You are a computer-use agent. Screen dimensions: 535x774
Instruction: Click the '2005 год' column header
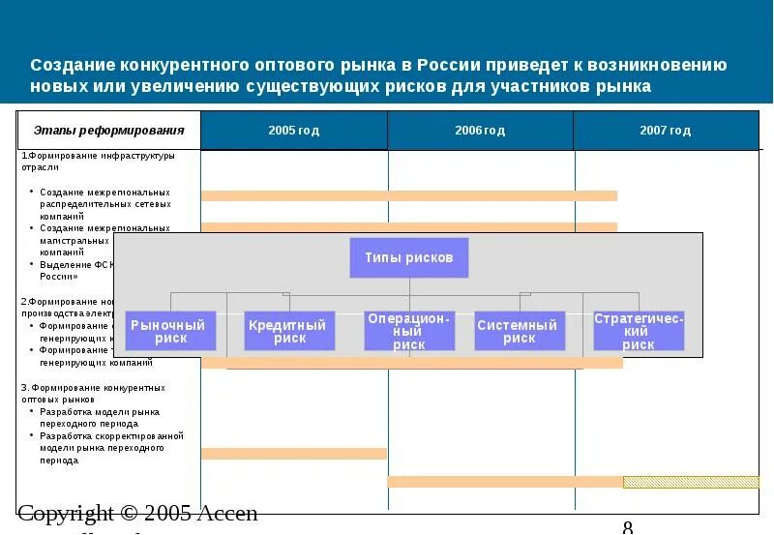coord(293,131)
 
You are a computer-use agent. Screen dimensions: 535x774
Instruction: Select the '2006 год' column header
coord(480,131)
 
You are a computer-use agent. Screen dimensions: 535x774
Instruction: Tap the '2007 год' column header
coord(666,131)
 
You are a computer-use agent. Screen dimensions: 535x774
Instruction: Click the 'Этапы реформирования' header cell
coord(108,131)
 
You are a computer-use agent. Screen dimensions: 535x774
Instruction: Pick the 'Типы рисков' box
coord(408,258)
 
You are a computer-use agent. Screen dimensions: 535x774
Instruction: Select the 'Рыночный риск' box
coord(170,331)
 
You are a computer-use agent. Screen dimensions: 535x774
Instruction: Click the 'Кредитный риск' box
coord(289,331)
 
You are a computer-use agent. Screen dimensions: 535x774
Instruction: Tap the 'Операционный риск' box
coord(409,331)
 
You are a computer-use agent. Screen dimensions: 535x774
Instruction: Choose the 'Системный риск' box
coord(519,331)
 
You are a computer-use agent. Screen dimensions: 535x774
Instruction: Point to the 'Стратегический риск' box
coord(639,331)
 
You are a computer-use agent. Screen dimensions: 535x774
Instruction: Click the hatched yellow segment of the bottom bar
coord(691,482)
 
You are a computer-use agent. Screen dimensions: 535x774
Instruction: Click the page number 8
coord(628,527)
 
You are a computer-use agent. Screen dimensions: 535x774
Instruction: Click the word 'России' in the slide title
coord(452,66)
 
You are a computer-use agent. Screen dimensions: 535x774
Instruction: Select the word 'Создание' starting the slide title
coord(72,66)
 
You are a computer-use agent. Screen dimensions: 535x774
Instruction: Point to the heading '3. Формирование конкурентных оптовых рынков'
coord(93,393)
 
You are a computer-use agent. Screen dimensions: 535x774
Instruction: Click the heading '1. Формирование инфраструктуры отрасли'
coord(97,161)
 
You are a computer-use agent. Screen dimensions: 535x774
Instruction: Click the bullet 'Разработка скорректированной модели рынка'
coord(111,442)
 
